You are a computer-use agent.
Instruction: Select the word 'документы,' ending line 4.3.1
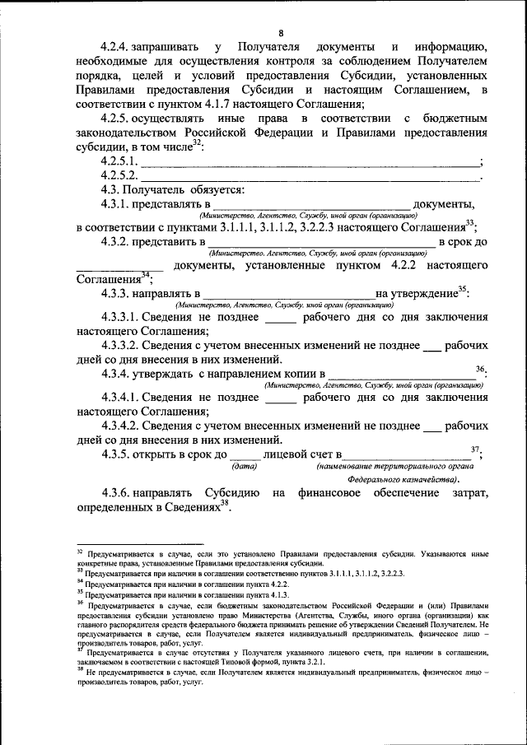(x=444, y=205)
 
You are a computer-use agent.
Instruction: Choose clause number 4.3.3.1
(x=119, y=317)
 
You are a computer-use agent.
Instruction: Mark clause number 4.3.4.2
(x=119, y=426)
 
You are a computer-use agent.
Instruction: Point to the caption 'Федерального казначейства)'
(x=404, y=479)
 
